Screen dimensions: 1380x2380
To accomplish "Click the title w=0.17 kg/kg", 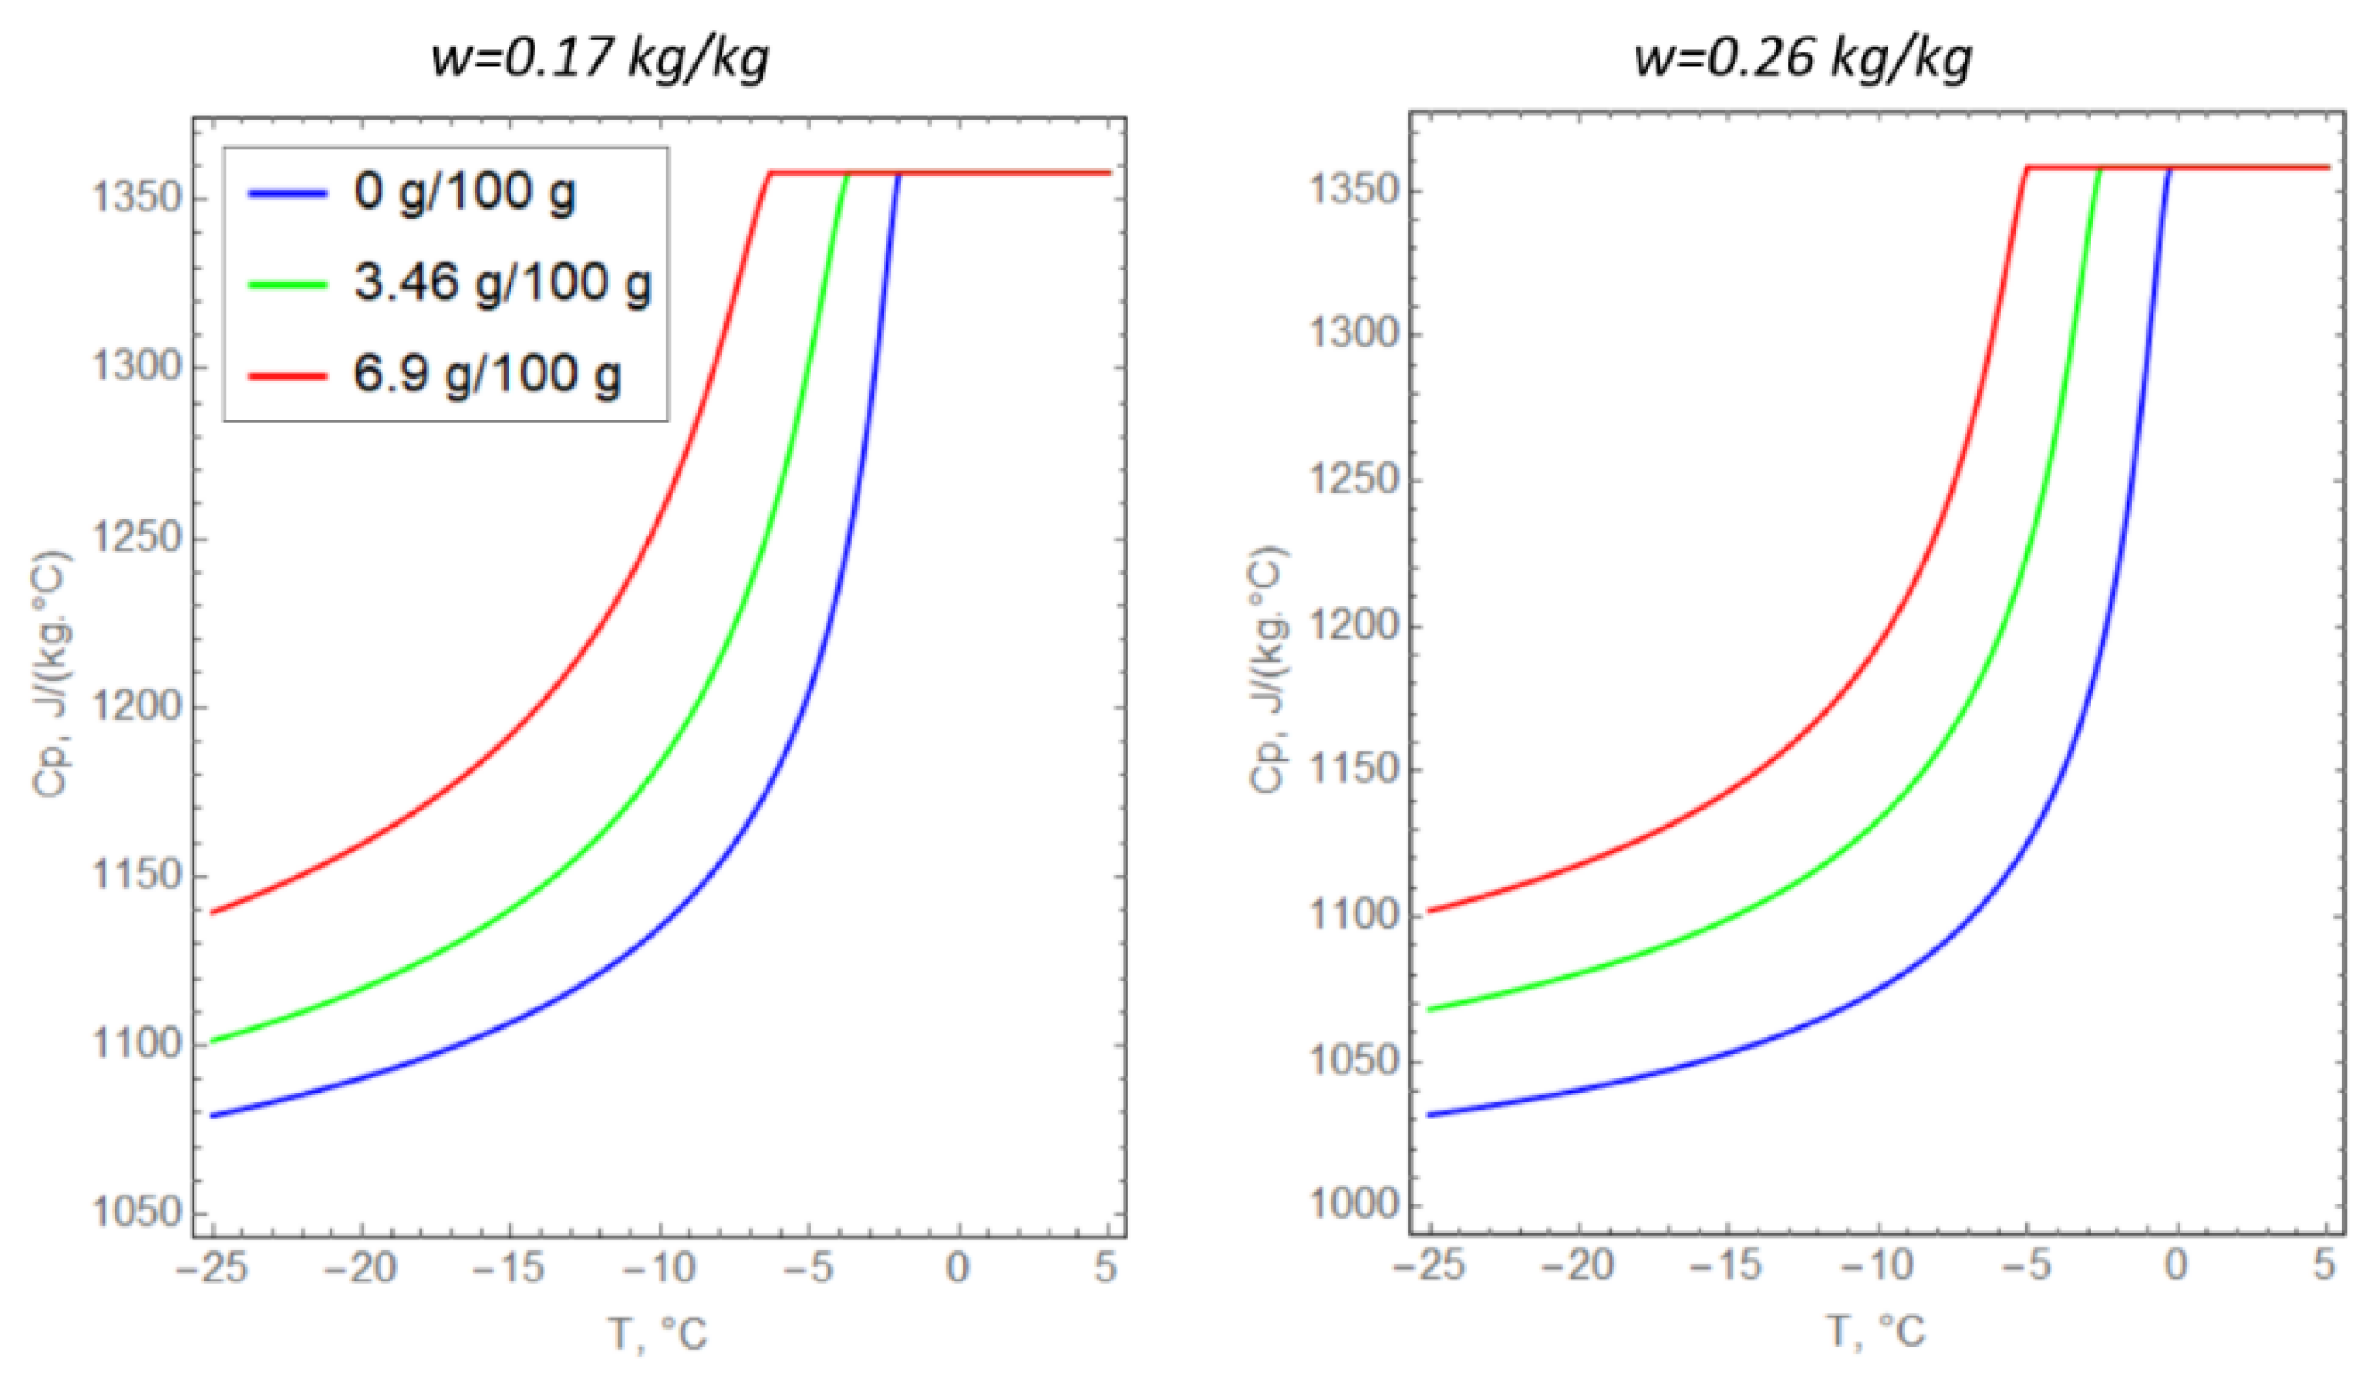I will pyautogui.click(x=601, y=58).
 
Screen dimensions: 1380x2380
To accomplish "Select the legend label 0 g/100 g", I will pyautogui.click(x=465, y=193).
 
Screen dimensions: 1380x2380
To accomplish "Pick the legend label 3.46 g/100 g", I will pyautogui.click(x=502, y=282).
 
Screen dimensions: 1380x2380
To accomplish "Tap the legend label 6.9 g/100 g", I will pyautogui.click(x=487, y=374).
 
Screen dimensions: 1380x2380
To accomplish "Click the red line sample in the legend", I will pyautogui.click(x=287, y=375).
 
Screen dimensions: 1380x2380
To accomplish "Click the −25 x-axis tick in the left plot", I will pyautogui.click(x=212, y=1267).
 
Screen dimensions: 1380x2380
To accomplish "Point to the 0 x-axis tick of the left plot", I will pyautogui.click(x=958, y=1267).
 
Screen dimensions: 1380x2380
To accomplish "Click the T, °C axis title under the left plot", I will pyautogui.click(x=658, y=1333).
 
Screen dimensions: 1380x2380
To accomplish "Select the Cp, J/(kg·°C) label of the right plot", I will pyautogui.click(x=1267, y=670).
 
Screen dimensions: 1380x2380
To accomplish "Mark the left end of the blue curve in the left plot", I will pyautogui.click(x=213, y=1116).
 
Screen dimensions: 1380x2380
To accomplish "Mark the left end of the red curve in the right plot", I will pyautogui.click(x=1431, y=911).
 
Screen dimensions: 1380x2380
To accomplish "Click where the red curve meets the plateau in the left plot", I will pyautogui.click(x=771, y=173).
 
